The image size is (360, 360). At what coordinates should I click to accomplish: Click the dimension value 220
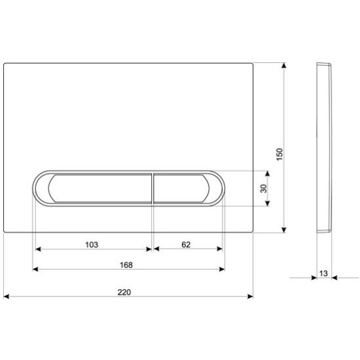[124, 293]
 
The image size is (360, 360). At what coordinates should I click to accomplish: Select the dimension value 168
[126, 265]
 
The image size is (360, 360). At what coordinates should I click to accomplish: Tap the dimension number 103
[92, 245]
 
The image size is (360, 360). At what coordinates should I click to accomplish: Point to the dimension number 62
[186, 245]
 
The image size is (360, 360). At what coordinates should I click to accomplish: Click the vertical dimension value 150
[279, 154]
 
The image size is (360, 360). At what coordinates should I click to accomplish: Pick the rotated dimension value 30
[264, 189]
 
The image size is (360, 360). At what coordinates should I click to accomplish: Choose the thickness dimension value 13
[323, 274]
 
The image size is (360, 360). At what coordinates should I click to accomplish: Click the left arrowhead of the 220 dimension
[7, 297]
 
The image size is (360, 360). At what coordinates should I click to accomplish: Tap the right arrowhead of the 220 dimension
[250, 297]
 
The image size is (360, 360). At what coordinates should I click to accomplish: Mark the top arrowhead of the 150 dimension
[284, 65]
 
